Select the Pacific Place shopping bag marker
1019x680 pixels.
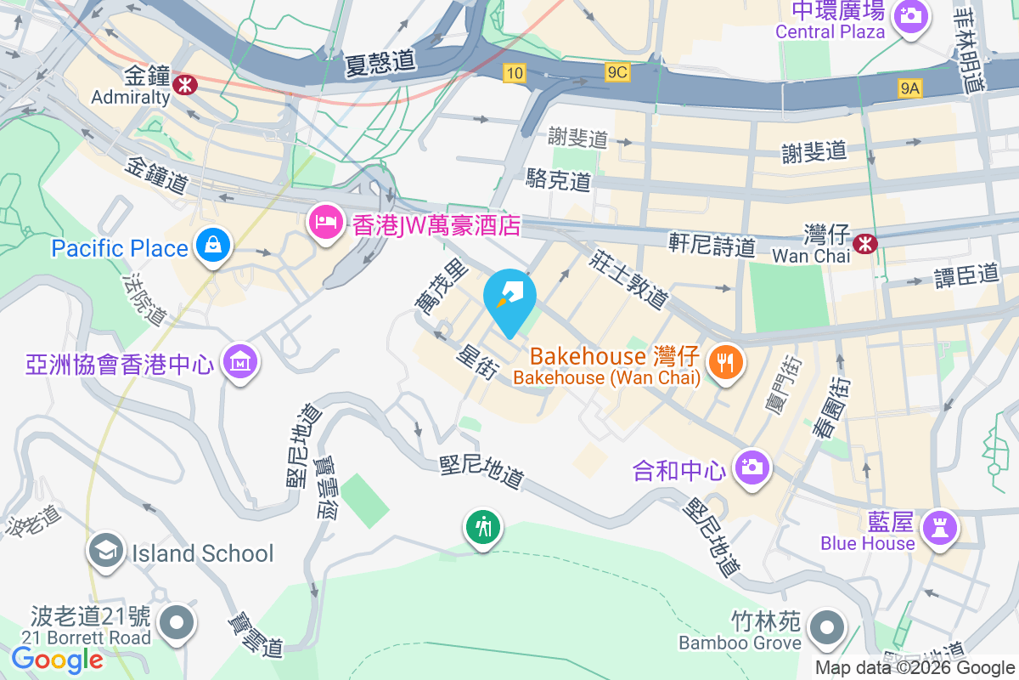click(x=211, y=246)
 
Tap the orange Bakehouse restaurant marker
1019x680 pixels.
click(x=724, y=363)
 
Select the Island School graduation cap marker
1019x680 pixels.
click(x=106, y=552)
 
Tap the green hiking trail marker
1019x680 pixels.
click(x=483, y=528)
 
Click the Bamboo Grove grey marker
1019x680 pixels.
click(x=825, y=630)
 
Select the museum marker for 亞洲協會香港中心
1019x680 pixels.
click(x=241, y=363)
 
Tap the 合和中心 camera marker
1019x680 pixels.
click(x=751, y=467)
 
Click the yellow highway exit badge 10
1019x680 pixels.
click(x=513, y=73)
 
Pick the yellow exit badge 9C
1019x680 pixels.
click(x=617, y=73)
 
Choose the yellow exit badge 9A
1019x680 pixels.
click(x=909, y=87)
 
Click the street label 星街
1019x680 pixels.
click(x=476, y=361)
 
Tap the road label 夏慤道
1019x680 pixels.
click(x=380, y=62)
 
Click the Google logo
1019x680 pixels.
click(x=57, y=659)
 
